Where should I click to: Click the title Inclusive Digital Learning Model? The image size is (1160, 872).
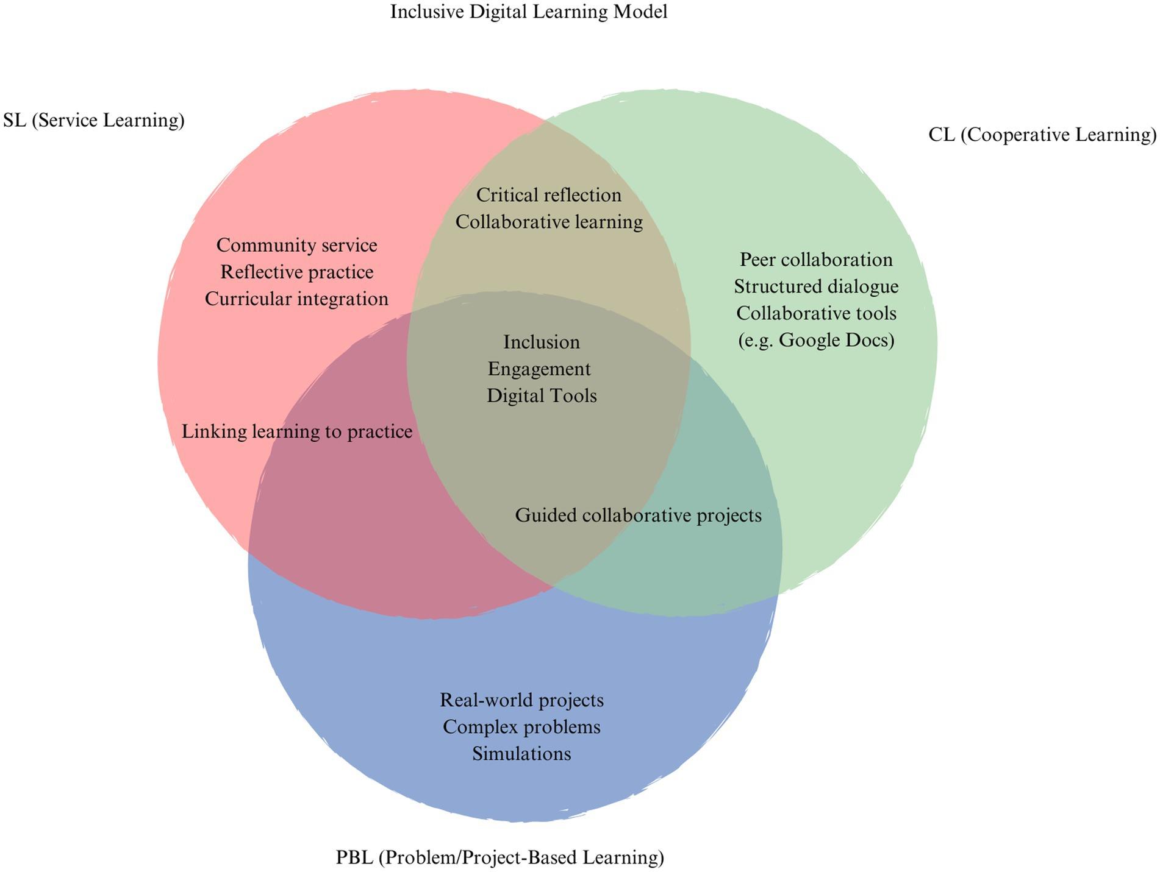click(528, 12)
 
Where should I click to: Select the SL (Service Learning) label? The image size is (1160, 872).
click(93, 120)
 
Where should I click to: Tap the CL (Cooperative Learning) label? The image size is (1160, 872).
click(1042, 134)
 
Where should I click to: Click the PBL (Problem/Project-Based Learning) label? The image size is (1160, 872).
click(499, 857)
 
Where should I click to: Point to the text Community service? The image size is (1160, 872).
click(296, 245)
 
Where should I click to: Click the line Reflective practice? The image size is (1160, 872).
click(296, 272)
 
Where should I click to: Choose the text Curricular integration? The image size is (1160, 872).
click(296, 299)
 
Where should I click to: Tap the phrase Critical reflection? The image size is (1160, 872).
click(548, 195)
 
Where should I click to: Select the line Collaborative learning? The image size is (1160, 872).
click(548, 222)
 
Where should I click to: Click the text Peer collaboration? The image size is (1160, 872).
click(815, 260)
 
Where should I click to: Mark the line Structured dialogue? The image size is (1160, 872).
click(815, 286)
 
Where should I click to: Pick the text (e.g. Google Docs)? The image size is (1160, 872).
click(815, 340)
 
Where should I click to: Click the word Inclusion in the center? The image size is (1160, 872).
click(541, 342)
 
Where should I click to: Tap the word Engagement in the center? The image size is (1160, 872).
click(539, 369)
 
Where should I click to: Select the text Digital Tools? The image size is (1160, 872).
click(541, 395)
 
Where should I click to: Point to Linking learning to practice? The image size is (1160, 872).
click(296, 431)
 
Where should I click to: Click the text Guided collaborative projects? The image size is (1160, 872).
click(638, 515)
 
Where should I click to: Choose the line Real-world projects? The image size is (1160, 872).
click(521, 700)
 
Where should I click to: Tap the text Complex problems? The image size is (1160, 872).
click(521, 726)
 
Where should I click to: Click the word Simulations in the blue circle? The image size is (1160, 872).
click(521, 753)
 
